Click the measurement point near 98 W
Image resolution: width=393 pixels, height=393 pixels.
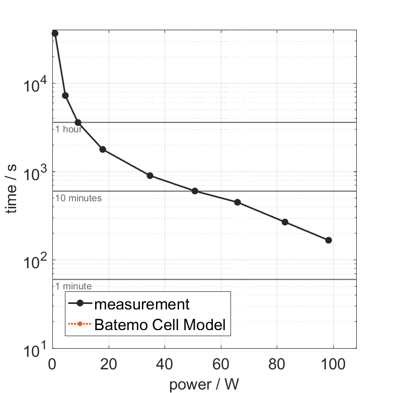329,240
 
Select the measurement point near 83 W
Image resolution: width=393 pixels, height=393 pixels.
285,222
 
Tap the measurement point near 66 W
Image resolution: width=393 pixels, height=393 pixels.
238,202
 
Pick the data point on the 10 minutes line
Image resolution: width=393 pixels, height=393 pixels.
195,191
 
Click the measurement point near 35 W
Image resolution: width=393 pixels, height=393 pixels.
150,176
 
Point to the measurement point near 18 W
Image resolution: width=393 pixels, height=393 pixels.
103,149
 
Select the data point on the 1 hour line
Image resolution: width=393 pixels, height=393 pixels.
78,122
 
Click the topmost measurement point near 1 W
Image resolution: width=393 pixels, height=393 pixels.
55,33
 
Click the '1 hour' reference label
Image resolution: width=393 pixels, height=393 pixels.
69,129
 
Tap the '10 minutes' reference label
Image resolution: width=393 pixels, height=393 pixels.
78,198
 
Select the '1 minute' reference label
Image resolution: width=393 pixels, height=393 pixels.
73,286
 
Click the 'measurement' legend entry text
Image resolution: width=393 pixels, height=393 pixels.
142,304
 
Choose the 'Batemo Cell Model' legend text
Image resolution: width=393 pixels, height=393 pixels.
160,325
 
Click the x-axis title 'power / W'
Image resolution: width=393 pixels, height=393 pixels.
204,385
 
